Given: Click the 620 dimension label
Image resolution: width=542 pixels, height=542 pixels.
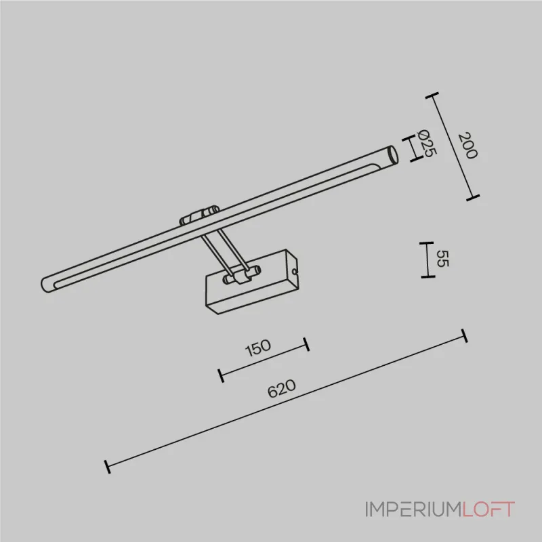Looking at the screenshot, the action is [x=282, y=388].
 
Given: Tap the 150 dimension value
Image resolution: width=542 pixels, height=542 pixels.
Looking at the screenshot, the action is [x=258, y=348].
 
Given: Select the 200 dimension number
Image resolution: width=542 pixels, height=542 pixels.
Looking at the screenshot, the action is [x=467, y=145].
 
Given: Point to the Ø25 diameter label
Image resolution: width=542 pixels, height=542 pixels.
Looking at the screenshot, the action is [x=428, y=143].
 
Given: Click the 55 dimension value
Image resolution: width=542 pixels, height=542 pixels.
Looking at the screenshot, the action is [x=442, y=259].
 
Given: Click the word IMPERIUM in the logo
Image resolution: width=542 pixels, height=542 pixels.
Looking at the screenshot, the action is [x=414, y=509].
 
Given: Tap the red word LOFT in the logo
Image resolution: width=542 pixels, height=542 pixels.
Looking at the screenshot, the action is [x=488, y=509].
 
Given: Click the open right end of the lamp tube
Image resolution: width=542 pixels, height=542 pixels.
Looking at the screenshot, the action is [x=393, y=155].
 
